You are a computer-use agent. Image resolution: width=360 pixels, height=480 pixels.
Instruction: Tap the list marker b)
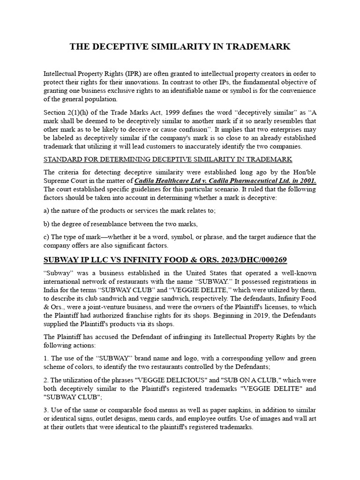(46, 224)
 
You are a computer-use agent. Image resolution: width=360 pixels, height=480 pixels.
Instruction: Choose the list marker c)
(46, 237)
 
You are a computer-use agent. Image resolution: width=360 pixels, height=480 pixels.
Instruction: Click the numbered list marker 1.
(46, 359)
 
